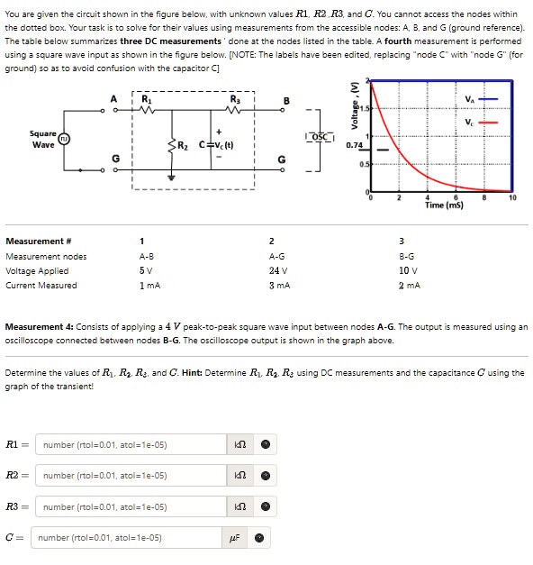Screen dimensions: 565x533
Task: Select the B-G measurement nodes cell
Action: [406, 256]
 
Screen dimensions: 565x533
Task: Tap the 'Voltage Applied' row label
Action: [37, 270]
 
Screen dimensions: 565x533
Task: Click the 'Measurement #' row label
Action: [35, 241]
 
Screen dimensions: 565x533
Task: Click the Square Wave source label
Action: [43, 139]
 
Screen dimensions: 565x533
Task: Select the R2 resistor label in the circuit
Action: [181, 146]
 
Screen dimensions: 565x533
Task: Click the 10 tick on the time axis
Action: [512, 196]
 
